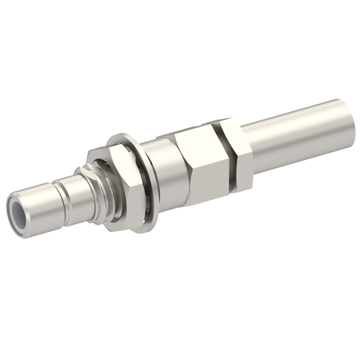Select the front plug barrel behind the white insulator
(42, 206)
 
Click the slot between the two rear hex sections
(225, 149)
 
